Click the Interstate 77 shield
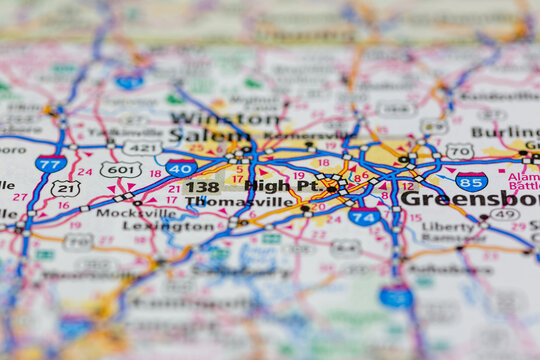tap(50, 163)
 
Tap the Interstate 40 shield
tap(181, 167)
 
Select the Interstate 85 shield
tap(471, 181)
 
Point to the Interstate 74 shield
tap(364, 217)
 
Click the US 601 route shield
tap(120, 170)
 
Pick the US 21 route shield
tap(66, 188)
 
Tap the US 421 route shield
tap(142, 148)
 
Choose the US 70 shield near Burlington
tap(460, 151)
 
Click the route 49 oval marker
tap(504, 214)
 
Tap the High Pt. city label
tap(281, 186)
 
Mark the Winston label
tap(238, 118)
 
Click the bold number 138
tap(201, 187)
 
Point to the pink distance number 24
tap(84, 171)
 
